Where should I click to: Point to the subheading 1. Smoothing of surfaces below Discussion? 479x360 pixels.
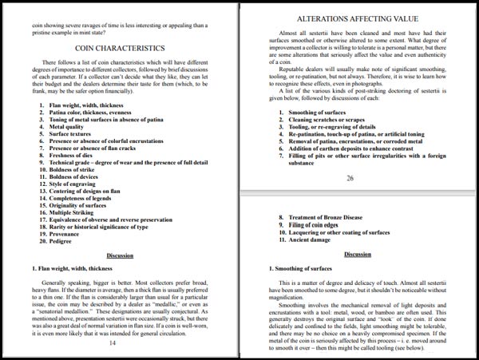(x=303, y=268)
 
